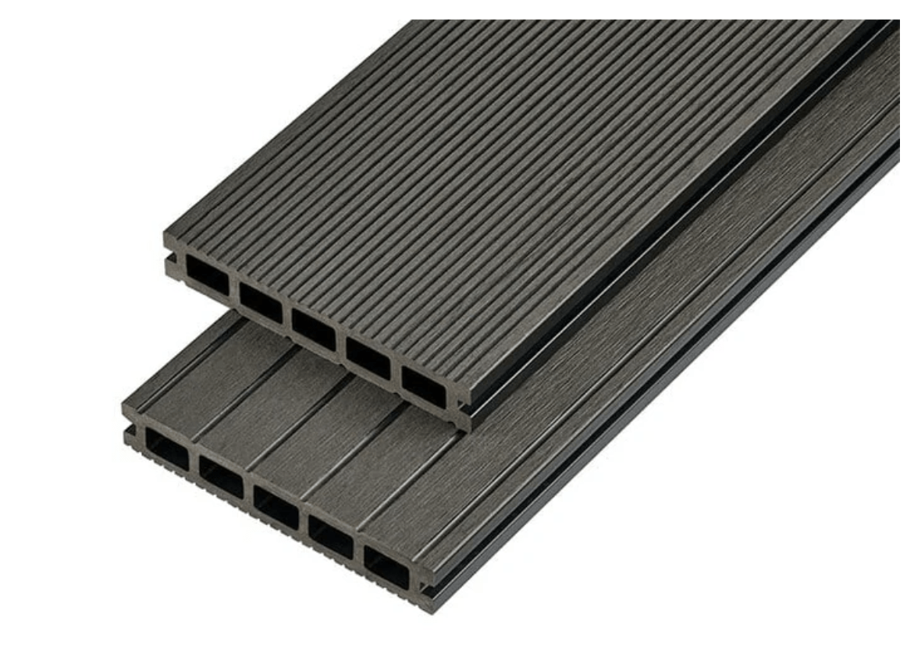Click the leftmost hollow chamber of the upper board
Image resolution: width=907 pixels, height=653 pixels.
tap(208, 277)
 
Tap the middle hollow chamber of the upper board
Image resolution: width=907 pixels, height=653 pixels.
tap(314, 329)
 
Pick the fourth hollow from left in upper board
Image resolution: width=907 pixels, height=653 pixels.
tap(368, 357)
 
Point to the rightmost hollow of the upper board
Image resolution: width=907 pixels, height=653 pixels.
tap(424, 385)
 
